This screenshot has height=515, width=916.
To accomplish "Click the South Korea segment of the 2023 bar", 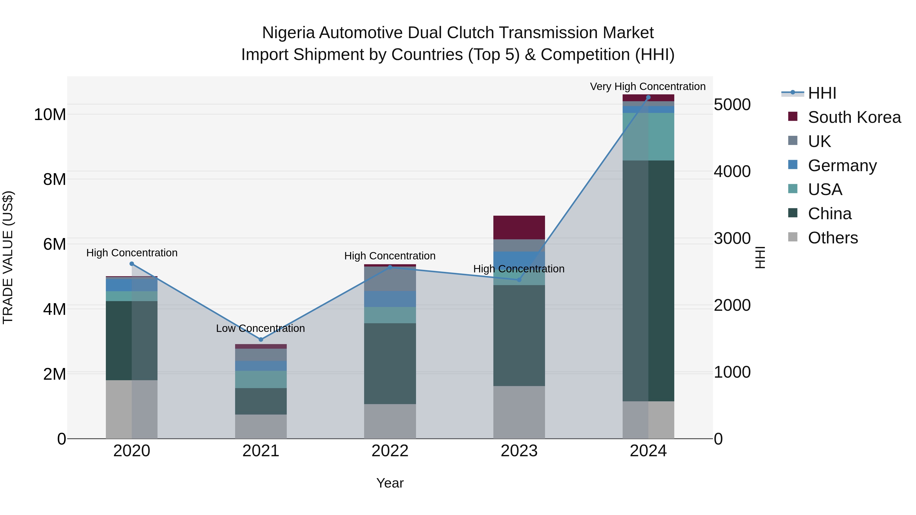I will (x=519, y=227).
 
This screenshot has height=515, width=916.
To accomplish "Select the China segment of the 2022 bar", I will (x=390, y=363).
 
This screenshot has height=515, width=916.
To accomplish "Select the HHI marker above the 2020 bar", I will (x=132, y=264).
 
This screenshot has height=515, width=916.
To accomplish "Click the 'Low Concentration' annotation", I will (x=260, y=328).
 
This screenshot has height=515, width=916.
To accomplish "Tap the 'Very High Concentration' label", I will (x=648, y=86).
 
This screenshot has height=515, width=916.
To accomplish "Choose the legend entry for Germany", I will (x=842, y=166).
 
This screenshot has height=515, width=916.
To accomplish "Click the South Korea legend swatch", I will (x=793, y=116).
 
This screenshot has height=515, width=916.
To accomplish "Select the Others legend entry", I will (x=833, y=238).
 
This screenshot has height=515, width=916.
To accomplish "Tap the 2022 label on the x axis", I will (x=390, y=451).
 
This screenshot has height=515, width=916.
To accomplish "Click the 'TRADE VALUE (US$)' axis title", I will (x=8, y=257).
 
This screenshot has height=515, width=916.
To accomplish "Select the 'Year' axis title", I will (x=390, y=483).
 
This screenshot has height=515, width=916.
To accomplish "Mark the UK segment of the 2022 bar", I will (x=390, y=279).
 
